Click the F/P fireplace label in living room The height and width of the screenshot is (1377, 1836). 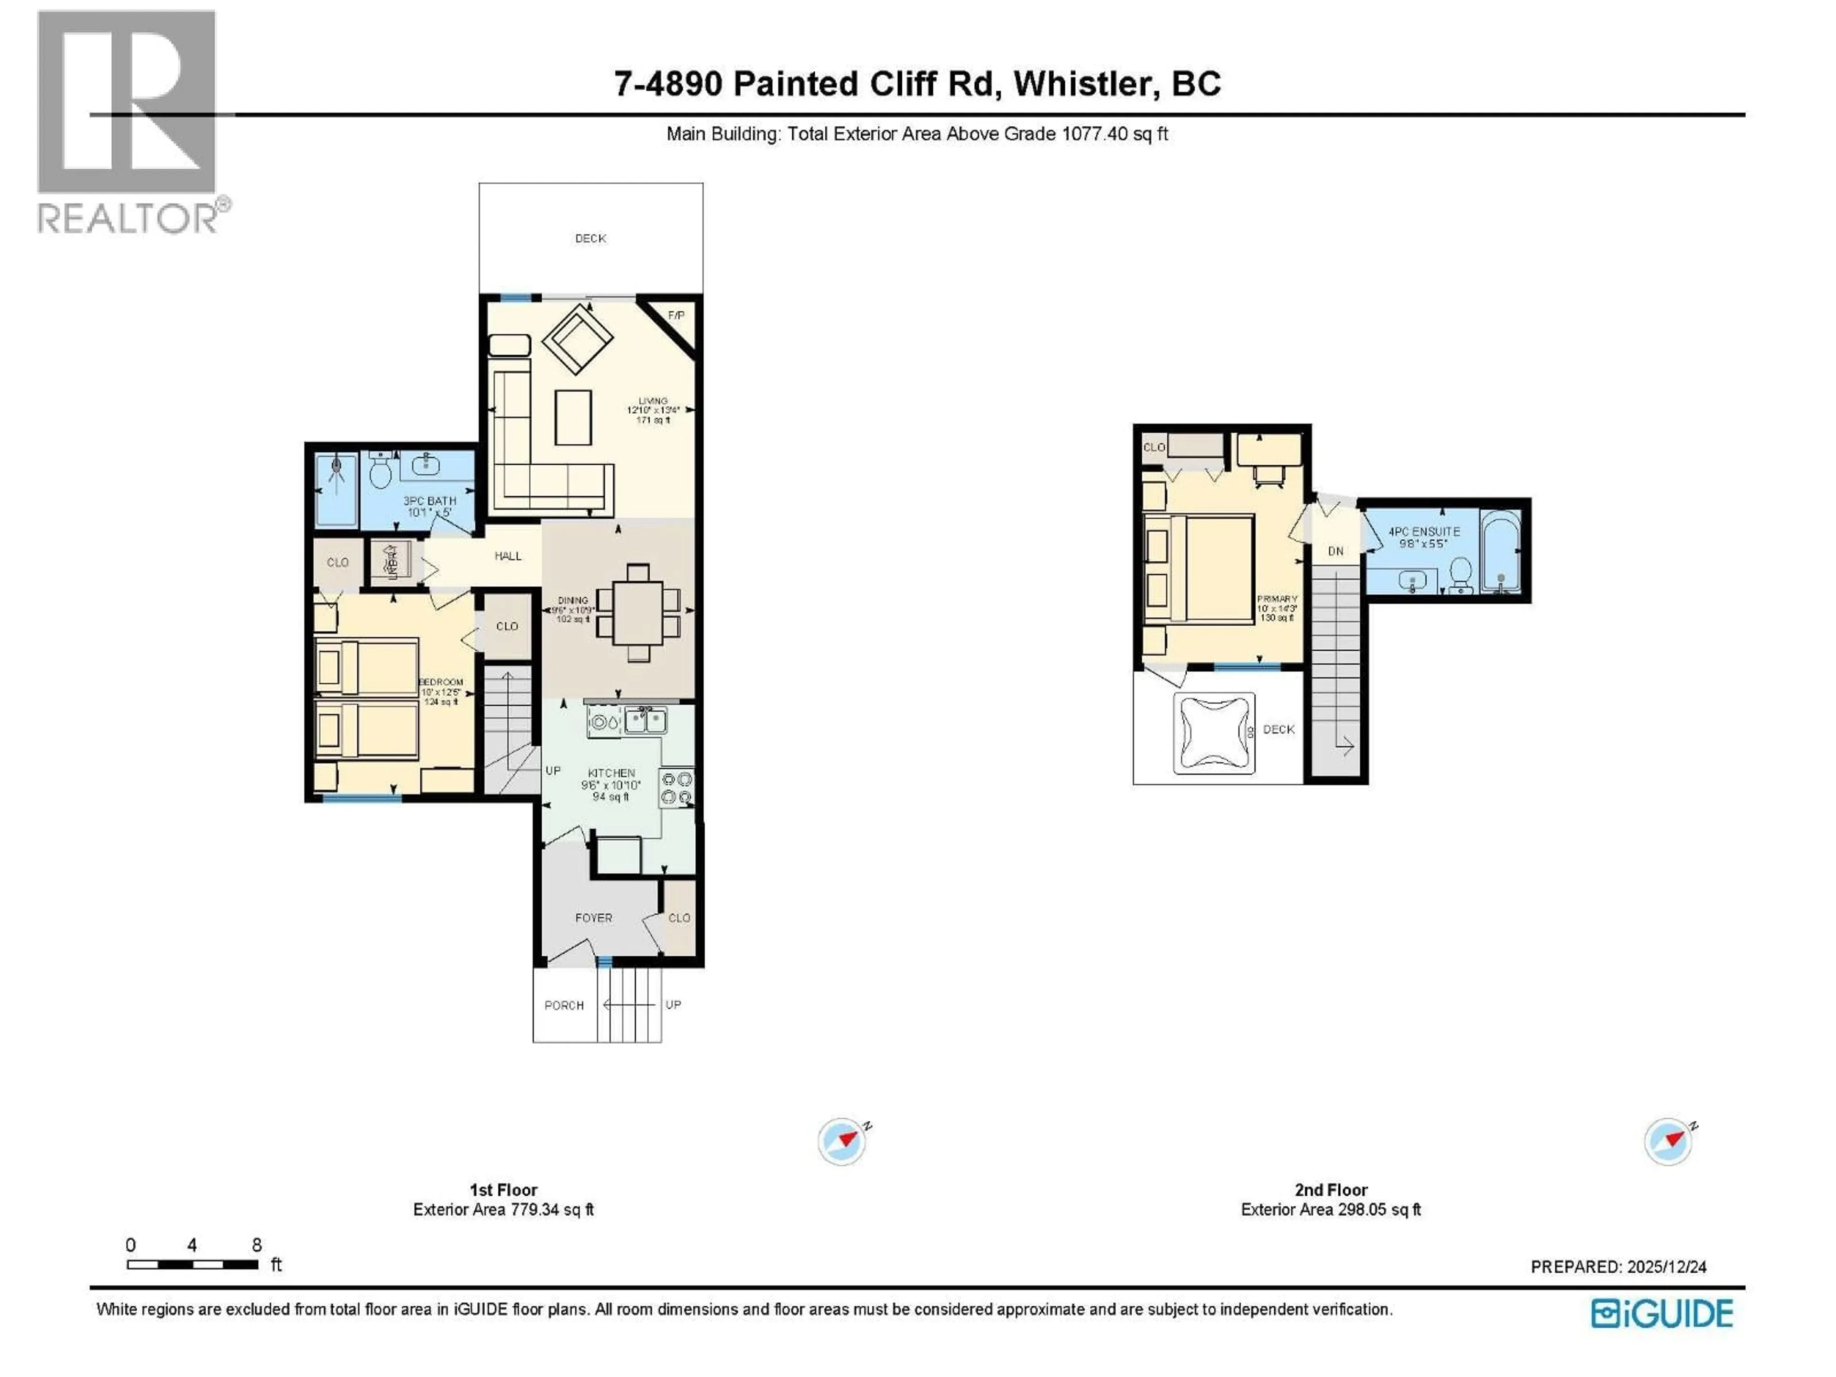(x=676, y=316)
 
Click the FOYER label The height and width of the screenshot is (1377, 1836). (x=593, y=918)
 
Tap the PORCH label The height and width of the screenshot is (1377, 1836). (x=564, y=1005)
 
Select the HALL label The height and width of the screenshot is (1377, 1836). (x=508, y=556)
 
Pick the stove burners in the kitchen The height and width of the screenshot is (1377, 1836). (x=677, y=787)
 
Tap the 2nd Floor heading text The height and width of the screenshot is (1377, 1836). (x=1331, y=1190)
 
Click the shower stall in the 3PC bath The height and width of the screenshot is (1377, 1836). (x=336, y=490)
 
